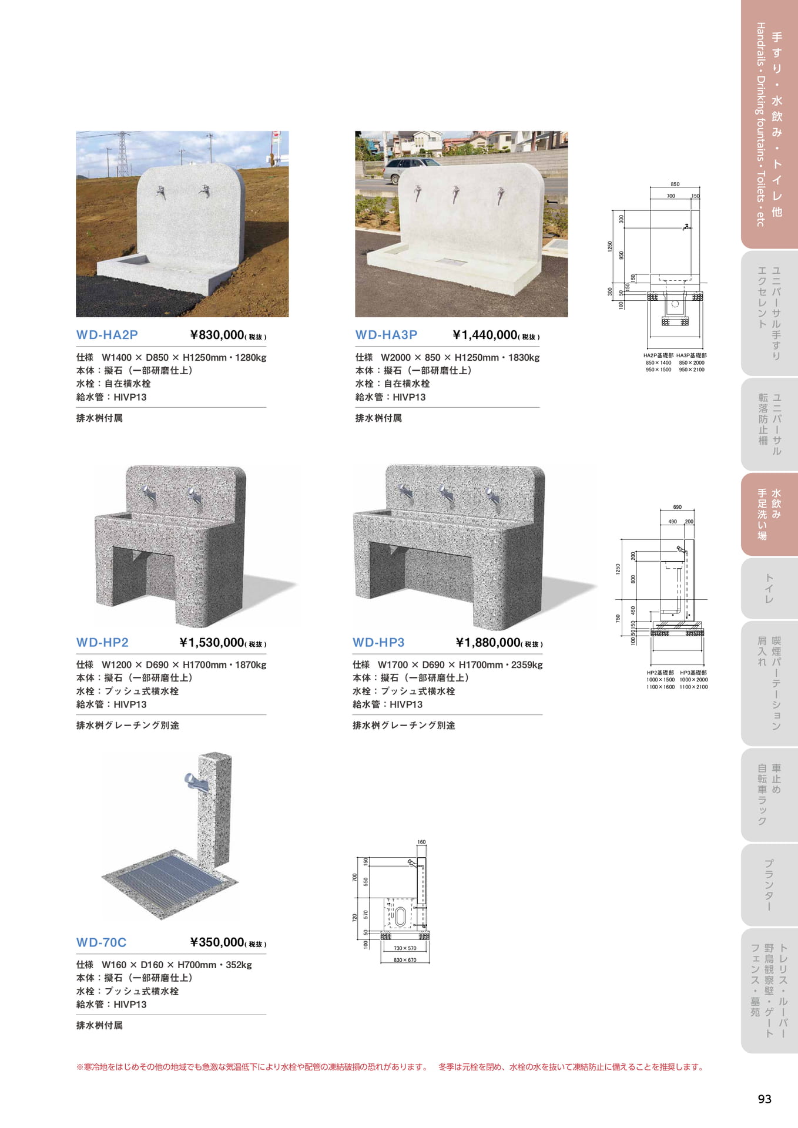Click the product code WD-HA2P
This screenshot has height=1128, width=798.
(x=107, y=335)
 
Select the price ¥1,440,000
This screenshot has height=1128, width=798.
(x=485, y=335)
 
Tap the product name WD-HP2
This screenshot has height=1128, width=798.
(x=102, y=643)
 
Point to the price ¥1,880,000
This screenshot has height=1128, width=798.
(x=488, y=643)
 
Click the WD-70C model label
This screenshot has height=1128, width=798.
(x=101, y=942)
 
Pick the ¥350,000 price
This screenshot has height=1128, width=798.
(x=217, y=942)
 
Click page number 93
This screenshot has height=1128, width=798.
(x=765, y=1099)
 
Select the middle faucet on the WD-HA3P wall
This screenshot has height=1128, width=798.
(x=456, y=194)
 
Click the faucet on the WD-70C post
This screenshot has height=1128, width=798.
(x=193, y=783)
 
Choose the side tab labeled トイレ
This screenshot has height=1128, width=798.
(x=769, y=589)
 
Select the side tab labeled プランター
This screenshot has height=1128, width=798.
(x=769, y=885)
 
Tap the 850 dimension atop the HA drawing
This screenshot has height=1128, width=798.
(x=675, y=184)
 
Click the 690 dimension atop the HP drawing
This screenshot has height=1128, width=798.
(x=678, y=507)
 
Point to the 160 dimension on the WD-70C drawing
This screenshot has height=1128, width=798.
(x=421, y=842)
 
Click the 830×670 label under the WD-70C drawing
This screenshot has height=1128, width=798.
(x=405, y=960)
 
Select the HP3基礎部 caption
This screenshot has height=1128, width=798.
(x=693, y=673)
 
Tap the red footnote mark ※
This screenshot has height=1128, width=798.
(x=80, y=1067)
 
